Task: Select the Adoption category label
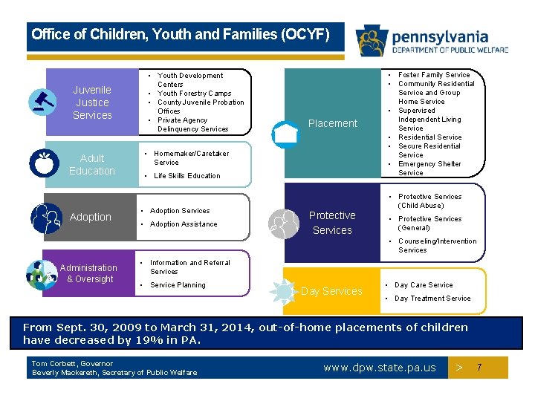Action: click(x=90, y=217)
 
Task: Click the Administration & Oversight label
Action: click(x=88, y=273)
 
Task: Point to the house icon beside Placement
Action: click(x=285, y=132)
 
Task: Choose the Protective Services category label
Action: click(x=332, y=223)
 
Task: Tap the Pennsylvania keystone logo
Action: click(x=371, y=42)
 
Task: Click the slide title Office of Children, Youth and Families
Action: click(x=181, y=35)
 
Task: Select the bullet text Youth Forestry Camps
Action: click(x=194, y=94)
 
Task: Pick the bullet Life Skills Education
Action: click(x=187, y=176)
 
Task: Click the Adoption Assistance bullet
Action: click(x=184, y=224)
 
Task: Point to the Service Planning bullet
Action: click(x=178, y=285)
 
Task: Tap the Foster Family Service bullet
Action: click(x=434, y=75)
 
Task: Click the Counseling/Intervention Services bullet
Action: click(x=437, y=246)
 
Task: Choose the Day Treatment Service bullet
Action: click(x=432, y=299)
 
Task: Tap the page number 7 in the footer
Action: click(x=479, y=368)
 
